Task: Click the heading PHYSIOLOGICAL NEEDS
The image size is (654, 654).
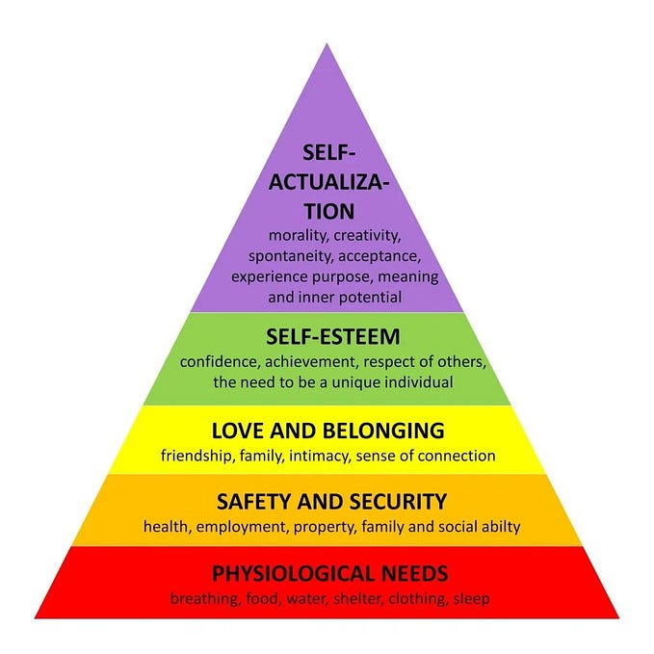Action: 330,574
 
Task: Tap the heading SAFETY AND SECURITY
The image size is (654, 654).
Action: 331,502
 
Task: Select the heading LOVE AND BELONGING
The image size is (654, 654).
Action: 329,431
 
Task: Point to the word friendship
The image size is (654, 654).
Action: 198,456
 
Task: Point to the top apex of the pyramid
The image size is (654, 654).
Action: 327,43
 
